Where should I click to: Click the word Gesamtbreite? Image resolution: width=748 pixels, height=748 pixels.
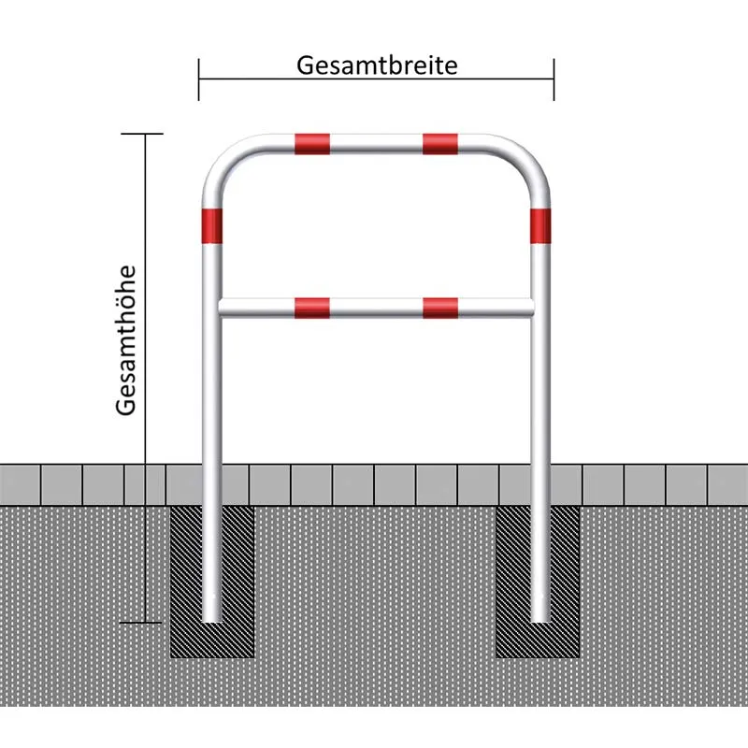pyautogui.click(x=377, y=65)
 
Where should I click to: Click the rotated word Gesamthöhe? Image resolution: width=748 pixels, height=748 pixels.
pyautogui.click(x=127, y=340)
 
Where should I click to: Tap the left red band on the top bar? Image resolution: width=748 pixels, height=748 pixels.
pyautogui.click(x=312, y=143)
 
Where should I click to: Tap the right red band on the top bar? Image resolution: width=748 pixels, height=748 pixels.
pyautogui.click(x=439, y=143)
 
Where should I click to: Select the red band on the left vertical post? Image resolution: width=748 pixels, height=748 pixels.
pyautogui.click(x=212, y=223)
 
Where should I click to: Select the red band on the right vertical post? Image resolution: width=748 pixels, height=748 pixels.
pyautogui.click(x=540, y=223)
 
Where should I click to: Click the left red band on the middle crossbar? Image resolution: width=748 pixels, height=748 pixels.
pyautogui.click(x=312, y=307)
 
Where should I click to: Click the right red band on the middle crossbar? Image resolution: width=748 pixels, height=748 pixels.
pyautogui.click(x=439, y=307)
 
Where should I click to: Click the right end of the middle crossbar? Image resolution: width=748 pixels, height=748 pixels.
pyautogui.click(x=530, y=307)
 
